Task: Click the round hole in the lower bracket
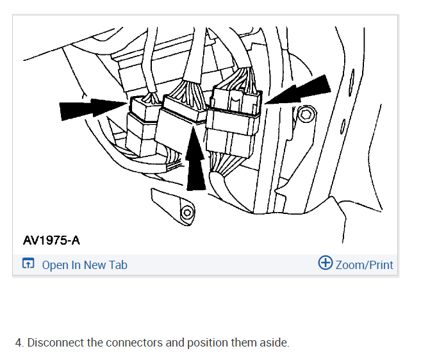click(x=186, y=212)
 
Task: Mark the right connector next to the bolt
click(x=233, y=112)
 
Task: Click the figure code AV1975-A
click(x=52, y=240)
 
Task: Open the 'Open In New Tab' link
click(x=84, y=265)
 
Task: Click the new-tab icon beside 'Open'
click(x=28, y=264)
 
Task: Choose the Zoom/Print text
click(x=364, y=265)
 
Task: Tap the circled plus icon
click(x=326, y=263)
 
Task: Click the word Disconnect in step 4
click(x=56, y=343)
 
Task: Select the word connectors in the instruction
click(x=134, y=343)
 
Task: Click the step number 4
click(x=20, y=343)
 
